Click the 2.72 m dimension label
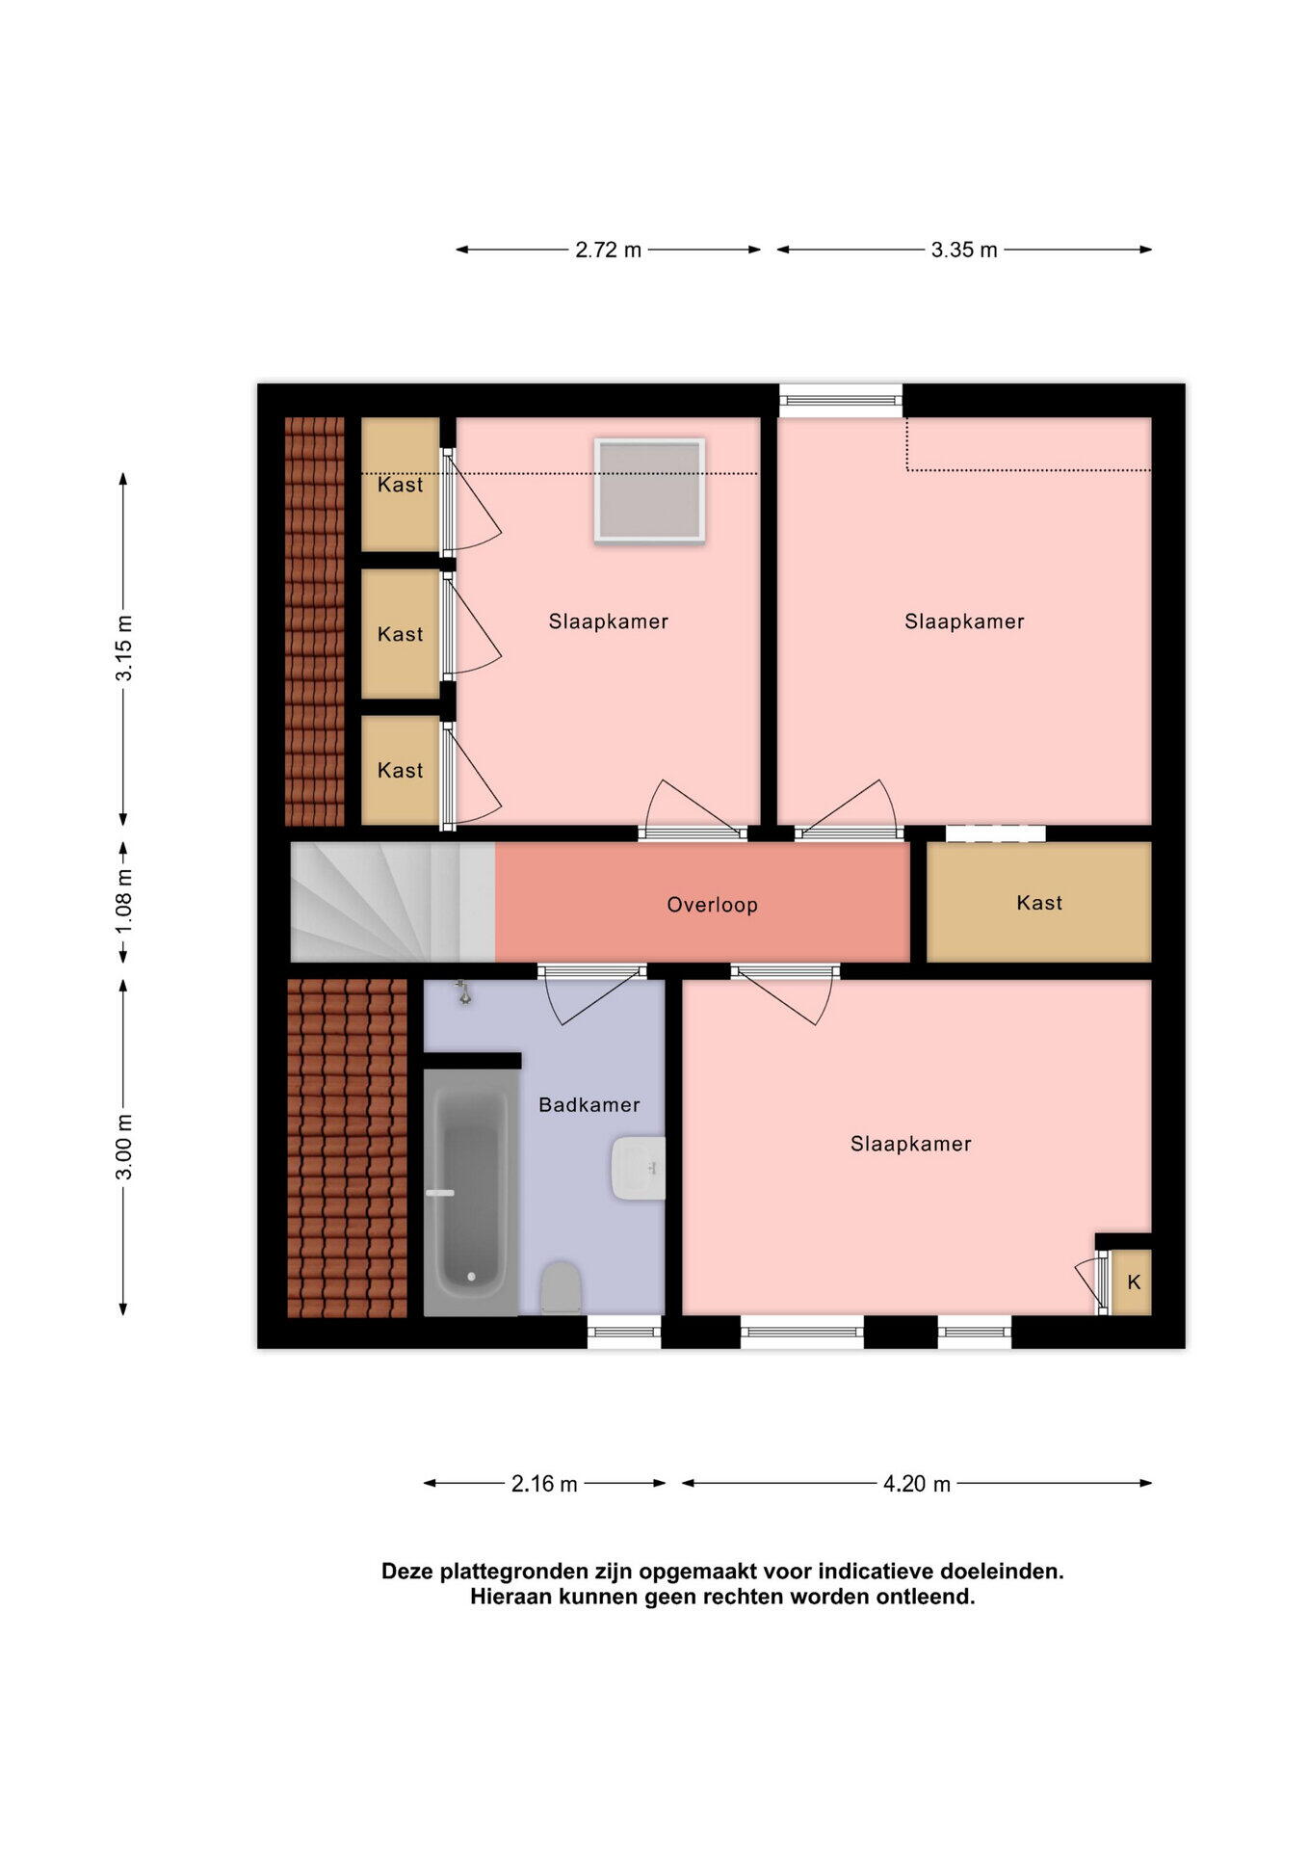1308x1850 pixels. [608, 250]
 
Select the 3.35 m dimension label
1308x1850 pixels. [963, 250]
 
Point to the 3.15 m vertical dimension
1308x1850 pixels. [124, 647]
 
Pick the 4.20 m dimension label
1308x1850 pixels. [916, 1484]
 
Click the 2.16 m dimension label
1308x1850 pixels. [544, 1484]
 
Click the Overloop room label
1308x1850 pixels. [712, 905]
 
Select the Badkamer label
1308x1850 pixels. [589, 1105]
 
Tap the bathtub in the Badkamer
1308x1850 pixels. [470, 1193]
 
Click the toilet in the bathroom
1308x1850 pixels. [560, 1288]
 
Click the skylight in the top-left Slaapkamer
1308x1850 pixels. [649, 489]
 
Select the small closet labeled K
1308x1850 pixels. [1133, 1282]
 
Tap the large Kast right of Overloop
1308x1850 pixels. [1038, 902]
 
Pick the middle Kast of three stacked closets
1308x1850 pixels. [400, 634]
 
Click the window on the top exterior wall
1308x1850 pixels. [840, 401]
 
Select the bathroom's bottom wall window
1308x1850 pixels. [624, 1333]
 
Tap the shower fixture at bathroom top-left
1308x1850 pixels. [464, 992]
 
